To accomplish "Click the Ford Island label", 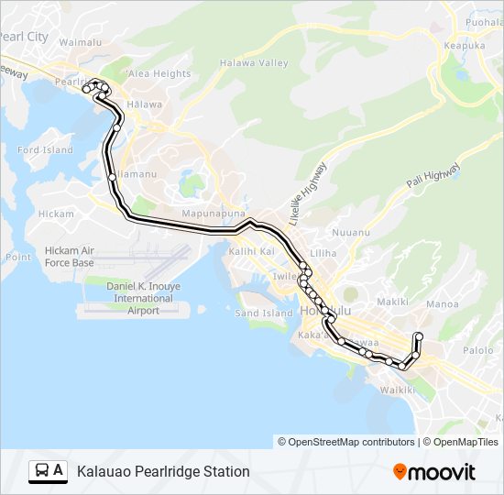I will pyautogui.click(x=45, y=149).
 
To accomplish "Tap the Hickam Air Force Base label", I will pyautogui.click(x=70, y=257).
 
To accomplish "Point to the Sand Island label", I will pyautogui.click(x=265, y=313).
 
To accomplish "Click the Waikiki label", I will pyautogui.click(x=399, y=389).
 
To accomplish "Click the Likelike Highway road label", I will pyautogui.click(x=309, y=193).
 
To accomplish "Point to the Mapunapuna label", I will pyautogui.click(x=212, y=214).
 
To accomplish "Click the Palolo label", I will pyautogui.click(x=477, y=350).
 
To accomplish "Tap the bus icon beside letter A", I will pyautogui.click(x=42, y=471).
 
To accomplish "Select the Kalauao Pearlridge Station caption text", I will pyautogui.click(x=163, y=472).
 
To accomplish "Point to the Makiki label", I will pyautogui.click(x=392, y=301).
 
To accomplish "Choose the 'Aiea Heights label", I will pyautogui.click(x=159, y=73).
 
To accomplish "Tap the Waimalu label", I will pyautogui.click(x=79, y=42).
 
